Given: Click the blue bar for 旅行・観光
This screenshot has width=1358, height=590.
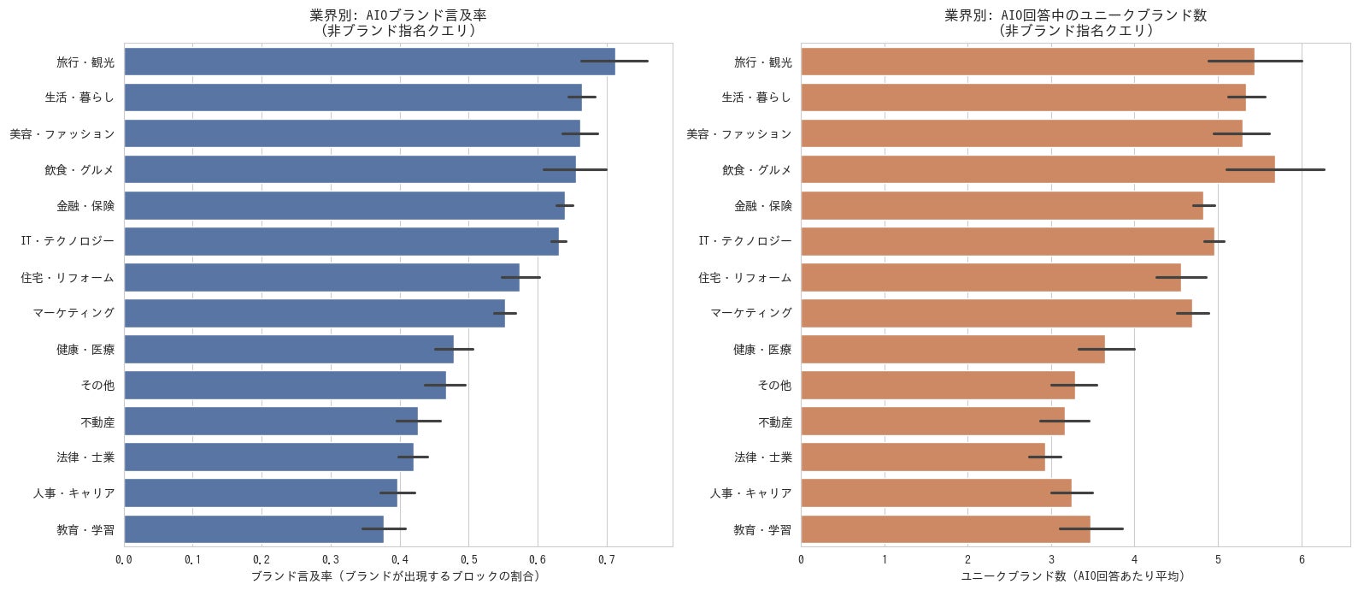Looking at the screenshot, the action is [x=370, y=62].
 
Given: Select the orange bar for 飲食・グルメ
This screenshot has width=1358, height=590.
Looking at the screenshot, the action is [x=1038, y=169].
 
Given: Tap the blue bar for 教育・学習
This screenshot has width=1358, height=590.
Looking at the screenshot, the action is [x=254, y=528].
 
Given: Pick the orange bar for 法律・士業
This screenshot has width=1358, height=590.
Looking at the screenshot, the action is [x=923, y=457].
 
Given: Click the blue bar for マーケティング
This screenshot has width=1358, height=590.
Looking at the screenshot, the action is [x=315, y=313].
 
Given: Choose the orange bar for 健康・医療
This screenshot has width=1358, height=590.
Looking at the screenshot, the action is [x=953, y=349].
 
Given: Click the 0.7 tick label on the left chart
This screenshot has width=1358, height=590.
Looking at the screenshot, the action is [x=606, y=560].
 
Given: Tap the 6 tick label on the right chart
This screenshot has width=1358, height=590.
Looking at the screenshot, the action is [x=1302, y=560].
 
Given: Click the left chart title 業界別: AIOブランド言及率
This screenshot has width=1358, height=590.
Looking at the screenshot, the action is [x=398, y=15].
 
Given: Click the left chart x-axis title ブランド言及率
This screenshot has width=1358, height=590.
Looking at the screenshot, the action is [x=396, y=576].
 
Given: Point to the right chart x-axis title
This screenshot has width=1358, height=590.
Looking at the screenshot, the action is [x=1073, y=576].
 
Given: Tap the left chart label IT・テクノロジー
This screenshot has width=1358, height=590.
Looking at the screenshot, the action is [x=68, y=241].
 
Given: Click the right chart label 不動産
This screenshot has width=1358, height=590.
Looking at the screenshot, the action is [x=775, y=422].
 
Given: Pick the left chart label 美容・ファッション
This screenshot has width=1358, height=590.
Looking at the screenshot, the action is [x=62, y=133].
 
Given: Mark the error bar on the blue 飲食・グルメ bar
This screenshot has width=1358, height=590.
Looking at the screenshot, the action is [x=574, y=169].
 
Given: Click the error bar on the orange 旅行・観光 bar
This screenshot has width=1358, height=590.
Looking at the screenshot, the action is [x=1255, y=62].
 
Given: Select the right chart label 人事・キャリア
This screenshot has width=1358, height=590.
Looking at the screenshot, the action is [x=751, y=493].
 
